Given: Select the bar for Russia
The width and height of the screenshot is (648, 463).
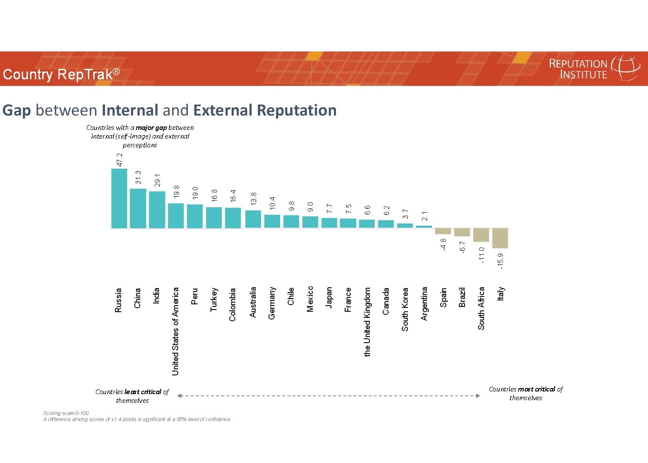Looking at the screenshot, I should (x=119, y=198).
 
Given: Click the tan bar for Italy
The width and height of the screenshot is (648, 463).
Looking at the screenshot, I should (x=500, y=238).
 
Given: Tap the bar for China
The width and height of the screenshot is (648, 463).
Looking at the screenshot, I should (x=138, y=208).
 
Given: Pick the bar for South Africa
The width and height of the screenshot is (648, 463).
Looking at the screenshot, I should (x=481, y=235).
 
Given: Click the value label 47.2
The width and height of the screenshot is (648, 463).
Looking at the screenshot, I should (x=119, y=160).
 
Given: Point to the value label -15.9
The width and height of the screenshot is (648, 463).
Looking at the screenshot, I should (x=500, y=261).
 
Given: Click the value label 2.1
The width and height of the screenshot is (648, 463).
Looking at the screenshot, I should (x=424, y=215).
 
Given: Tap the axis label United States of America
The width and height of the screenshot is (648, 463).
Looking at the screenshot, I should (x=176, y=331).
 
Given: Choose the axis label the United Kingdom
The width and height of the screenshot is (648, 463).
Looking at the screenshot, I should (x=367, y=322).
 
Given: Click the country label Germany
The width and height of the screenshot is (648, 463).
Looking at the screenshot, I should (x=271, y=303).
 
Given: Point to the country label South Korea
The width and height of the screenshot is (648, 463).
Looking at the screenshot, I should (x=405, y=309).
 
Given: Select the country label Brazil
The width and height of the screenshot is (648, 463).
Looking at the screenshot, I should (x=462, y=297).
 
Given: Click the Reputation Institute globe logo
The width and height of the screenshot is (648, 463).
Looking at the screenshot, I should (x=626, y=68).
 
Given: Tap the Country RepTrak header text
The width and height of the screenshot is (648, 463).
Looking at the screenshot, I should (x=61, y=74).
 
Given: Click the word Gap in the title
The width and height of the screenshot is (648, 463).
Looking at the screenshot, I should (x=17, y=110).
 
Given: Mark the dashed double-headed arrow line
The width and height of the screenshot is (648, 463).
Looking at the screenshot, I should (x=329, y=396).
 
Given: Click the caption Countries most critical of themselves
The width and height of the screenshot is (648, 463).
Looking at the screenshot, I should (x=526, y=393).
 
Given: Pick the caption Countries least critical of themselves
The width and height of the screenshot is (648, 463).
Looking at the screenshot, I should (x=132, y=396).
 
